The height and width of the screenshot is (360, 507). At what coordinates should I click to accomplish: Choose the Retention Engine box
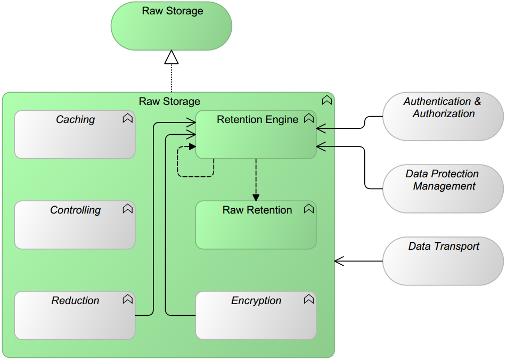point(256,136)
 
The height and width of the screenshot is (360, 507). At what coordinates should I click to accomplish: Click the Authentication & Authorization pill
point(443,116)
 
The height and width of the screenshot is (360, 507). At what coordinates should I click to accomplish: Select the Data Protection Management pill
point(443,189)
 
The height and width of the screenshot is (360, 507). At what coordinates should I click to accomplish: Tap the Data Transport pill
point(443,261)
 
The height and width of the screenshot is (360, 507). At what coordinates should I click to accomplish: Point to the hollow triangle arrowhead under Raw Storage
point(171,57)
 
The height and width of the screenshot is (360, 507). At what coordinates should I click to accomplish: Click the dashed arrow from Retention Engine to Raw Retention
point(256,178)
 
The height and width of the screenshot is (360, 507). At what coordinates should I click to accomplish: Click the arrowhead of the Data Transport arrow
point(339,261)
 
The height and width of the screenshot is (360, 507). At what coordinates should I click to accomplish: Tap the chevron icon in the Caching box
point(127,119)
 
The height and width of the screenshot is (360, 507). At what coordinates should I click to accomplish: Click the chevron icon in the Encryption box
point(308,300)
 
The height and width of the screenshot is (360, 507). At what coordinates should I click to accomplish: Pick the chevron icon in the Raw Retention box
point(308,209)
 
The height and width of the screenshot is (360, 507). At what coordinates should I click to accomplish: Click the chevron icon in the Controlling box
point(127,209)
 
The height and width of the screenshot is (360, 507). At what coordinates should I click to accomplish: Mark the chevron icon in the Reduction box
point(127,300)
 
